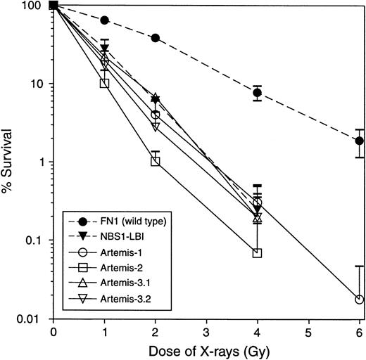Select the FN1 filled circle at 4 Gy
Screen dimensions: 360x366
tap(258, 93)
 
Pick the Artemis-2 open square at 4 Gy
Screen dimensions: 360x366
tap(258, 252)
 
